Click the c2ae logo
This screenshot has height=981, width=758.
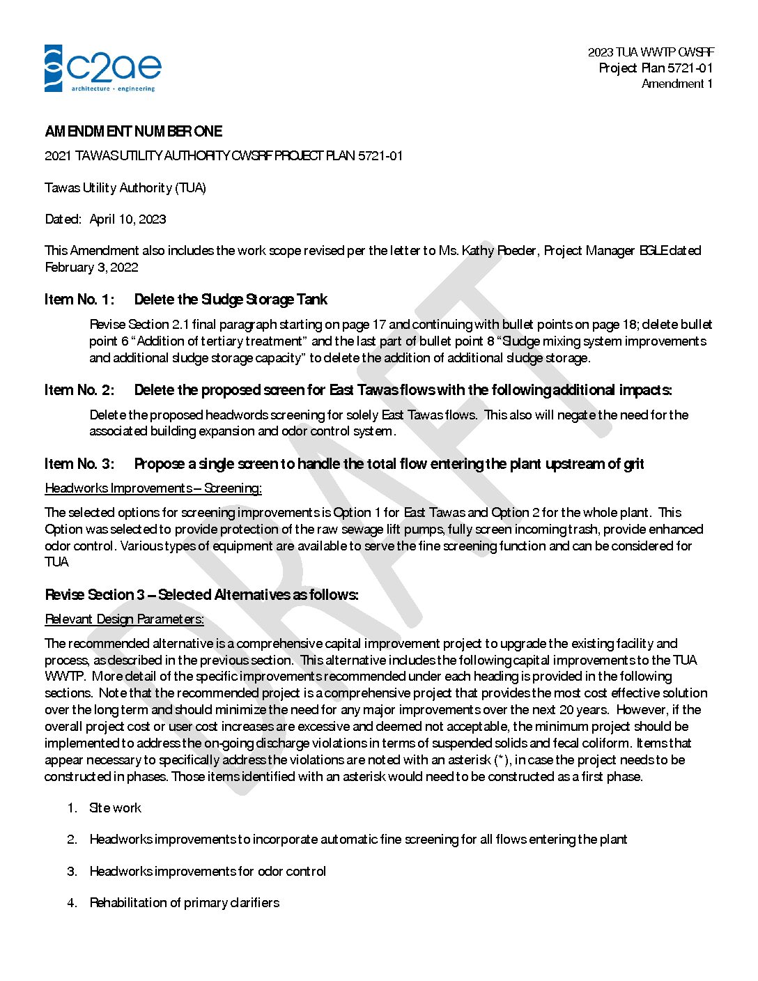(x=103, y=68)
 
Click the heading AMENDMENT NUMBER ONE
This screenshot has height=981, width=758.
(x=134, y=132)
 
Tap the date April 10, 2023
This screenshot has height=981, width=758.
(x=127, y=219)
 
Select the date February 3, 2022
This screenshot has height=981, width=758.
(x=91, y=268)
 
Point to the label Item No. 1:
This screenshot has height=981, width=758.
(x=79, y=300)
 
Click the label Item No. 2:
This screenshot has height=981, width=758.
(x=79, y=390)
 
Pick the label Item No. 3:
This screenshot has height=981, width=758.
(x=79, y=464)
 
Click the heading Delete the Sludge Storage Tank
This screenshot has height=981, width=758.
(x=231, y=300)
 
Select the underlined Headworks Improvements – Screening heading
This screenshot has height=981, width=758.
(x=153, y=488)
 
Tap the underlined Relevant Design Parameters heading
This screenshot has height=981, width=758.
(x=125, y=619)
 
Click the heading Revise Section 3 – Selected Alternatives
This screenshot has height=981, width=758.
(x=202, y=595)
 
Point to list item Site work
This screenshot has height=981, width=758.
(x=115, y=808)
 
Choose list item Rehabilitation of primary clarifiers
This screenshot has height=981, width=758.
(x=185, y=903)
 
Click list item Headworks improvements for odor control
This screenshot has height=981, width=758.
(x=208, y=872)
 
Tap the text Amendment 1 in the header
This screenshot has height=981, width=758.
(x=676, y=84)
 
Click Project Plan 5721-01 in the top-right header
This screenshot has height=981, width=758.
(x=656, y=68)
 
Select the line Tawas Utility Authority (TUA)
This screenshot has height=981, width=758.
(x=125, y=188)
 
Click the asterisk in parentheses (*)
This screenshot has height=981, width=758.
(x=501, y=760)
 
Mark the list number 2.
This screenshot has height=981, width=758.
(x=72, y=840)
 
